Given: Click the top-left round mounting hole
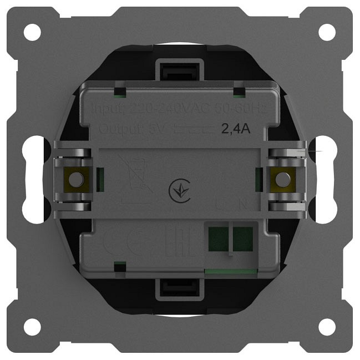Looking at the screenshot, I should click(x=32, y=32).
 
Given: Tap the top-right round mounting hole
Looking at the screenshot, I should click(x=327, y=32).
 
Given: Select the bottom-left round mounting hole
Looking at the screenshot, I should click(x=32, y=327).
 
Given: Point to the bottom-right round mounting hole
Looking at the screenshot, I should click(x=327, y=327).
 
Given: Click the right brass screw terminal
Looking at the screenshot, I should click(x=283, y=179).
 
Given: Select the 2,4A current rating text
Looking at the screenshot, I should click(x=236, y=130).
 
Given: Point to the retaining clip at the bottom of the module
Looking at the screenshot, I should click(x=180, y=289).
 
